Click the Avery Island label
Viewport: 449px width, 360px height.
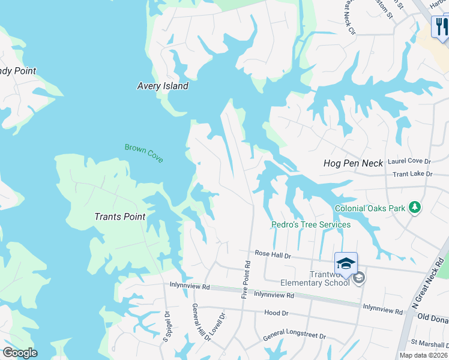(x=163, y=86)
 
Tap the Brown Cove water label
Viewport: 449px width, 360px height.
(x=144, y=152)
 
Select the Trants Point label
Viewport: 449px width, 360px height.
(x=120, y=217)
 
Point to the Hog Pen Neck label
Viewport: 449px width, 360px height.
(x=353, y=163)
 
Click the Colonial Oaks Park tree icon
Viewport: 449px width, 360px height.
(x=414, y=208)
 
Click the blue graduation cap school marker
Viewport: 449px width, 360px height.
(x=346, y=263)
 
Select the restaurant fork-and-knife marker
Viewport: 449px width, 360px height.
(x=441, y=27)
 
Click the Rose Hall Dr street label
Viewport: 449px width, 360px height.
(x=273, y=255)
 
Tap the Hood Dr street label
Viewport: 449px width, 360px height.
(x=276, y=313)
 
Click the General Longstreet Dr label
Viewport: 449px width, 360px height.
(x=294, y=337)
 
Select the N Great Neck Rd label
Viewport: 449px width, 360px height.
(x=429, y=284)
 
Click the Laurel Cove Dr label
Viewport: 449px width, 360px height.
(x=409, y=161)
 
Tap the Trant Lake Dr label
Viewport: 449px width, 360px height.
(x=412, y=174)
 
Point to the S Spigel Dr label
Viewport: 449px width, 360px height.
(x=167, y=326)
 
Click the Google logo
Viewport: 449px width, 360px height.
(x=20, y=353)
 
